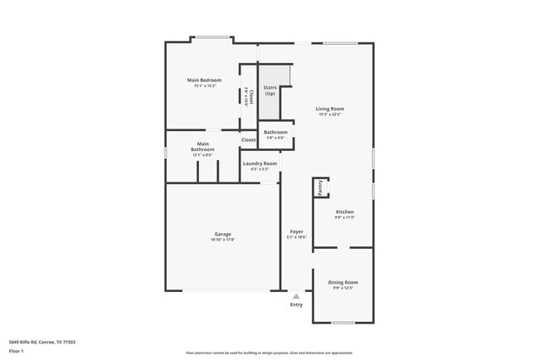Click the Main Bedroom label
(x=204, y=80)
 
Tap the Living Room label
(x=329, y=109)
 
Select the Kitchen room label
(x=344, y=212)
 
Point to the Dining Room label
(x=342, y=283)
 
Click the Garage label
(x=222, y=234)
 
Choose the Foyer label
(x=296, y=231)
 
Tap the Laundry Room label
(x=259, y=163)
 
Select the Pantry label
(x=320, y=187)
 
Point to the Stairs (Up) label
(x=269, y=90)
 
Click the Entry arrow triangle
(x=296, y=295)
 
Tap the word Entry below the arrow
(x=296, y=304)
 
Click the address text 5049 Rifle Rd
(x=41, y=340)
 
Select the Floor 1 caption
(x=17, y=351)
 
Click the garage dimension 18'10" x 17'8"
(x=222, y=240)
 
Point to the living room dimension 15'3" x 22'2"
(x=329, y=114)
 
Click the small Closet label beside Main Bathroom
(x=249, y=140)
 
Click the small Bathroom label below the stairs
(x=275, y=133)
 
